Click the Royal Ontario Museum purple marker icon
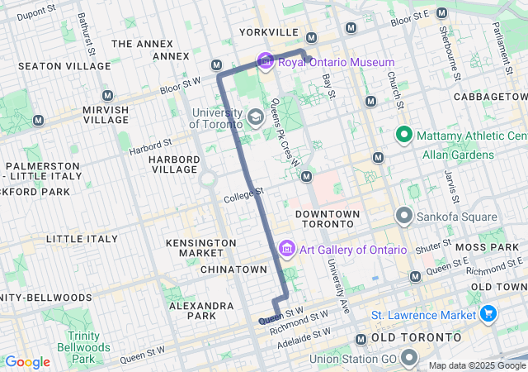[266, 62]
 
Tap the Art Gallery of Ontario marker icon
[287, 249]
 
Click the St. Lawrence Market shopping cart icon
[488, 315]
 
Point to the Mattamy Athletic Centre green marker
[404, 135]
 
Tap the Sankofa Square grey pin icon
[404, 217]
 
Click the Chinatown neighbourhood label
[233, 269]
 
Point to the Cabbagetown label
[490, 97]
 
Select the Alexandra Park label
[203, 310]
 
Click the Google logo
[28, 362]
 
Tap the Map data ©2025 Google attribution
[476, 365]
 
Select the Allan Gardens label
[458, 155]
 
